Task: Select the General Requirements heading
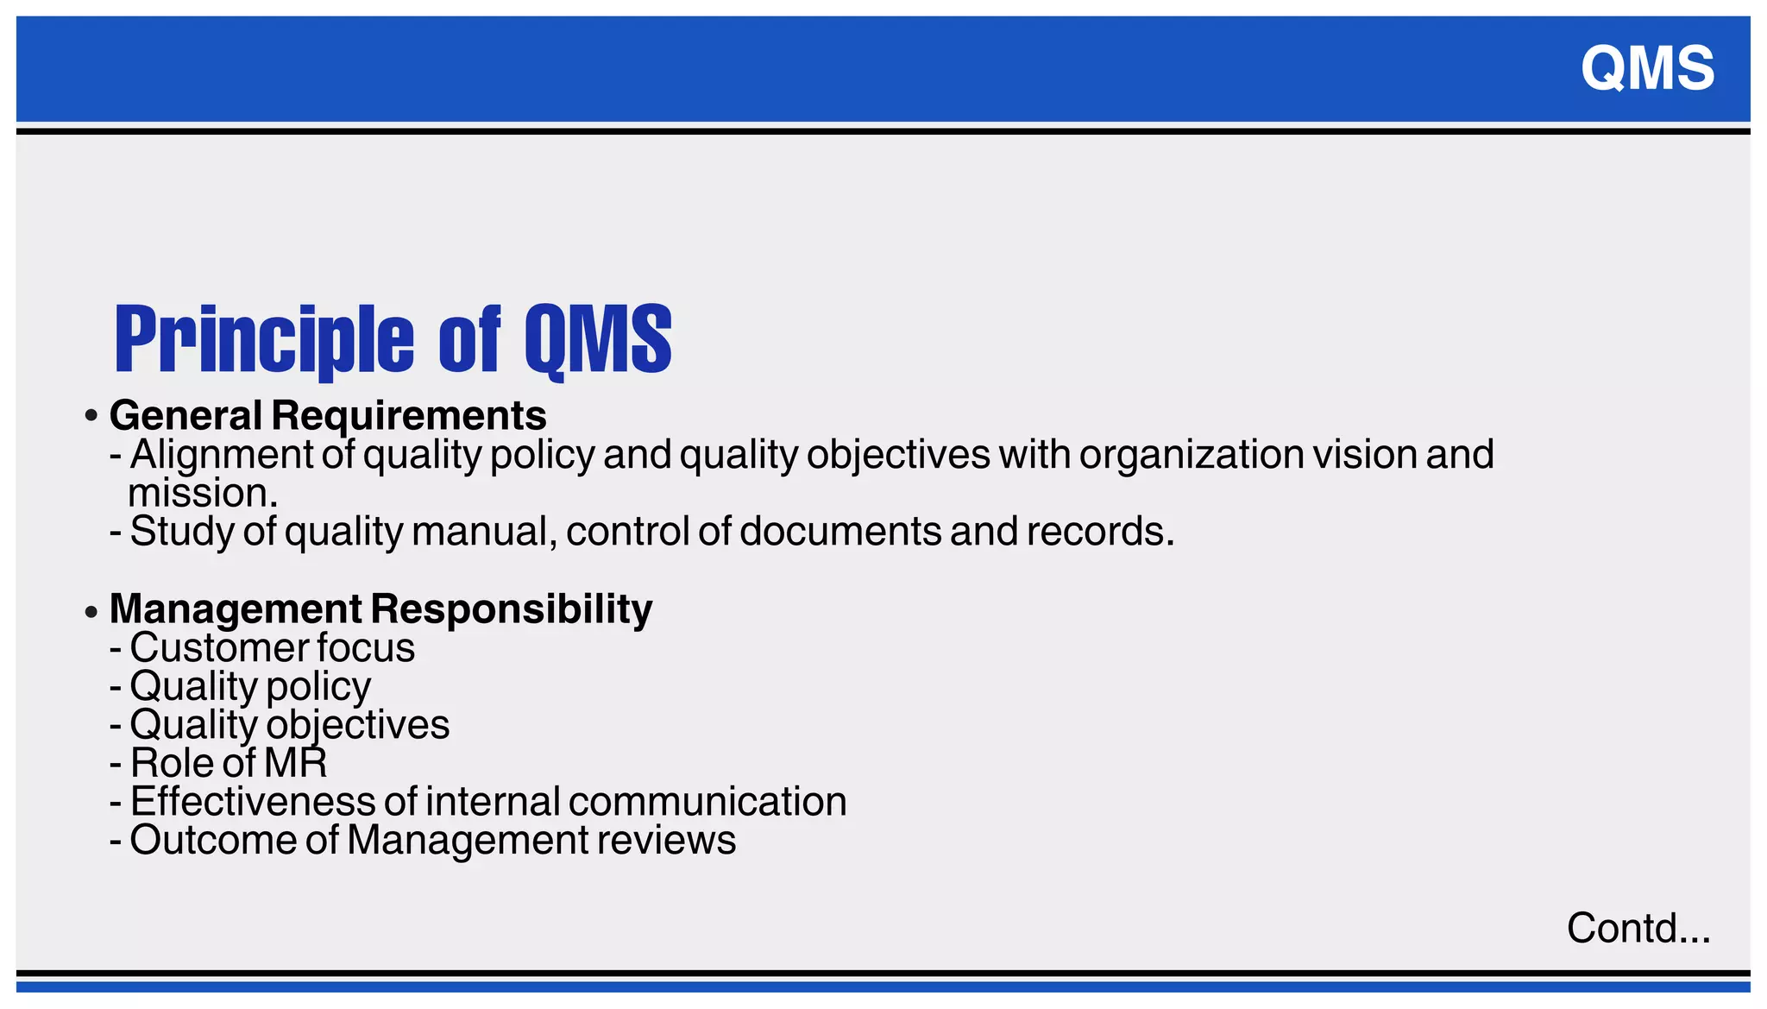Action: click(328, 415)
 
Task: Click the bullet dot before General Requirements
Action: click(91, 417)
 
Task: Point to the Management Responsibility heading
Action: click(380, 609)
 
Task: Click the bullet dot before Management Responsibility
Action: click(91, 612)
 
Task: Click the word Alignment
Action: click(222, 455)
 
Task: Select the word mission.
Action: click(202, 494)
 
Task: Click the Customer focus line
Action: click(272, 647)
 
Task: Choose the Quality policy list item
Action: click(250, 686)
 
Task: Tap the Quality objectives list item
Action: click(289, 724)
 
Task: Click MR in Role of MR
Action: click(295, 763)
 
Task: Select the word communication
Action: click(707, 802)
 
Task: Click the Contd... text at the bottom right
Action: click(1638, 929)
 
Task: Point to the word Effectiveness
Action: click(253, 802)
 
